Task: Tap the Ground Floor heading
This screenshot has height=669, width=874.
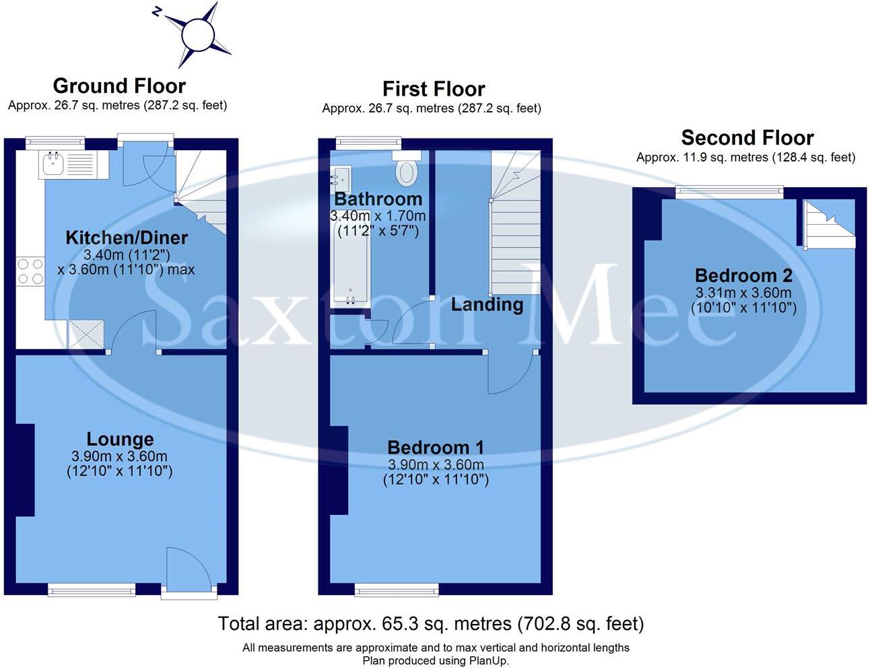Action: (119, 86)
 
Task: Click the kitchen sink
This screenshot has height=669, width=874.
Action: (52, 163)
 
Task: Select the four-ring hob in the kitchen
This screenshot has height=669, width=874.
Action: (30, 271)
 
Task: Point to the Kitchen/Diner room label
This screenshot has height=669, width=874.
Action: (127, 238)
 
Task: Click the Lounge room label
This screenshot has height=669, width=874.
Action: (120, 439)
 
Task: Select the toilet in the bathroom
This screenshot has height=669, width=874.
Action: (406, 171)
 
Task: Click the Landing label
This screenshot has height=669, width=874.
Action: (487, 304)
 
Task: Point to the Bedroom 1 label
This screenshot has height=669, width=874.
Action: (436, 448)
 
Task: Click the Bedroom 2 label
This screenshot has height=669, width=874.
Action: (743, 276)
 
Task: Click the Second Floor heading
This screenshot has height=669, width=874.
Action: (747, 138)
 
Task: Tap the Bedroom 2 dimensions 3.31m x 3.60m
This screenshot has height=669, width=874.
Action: (743, 293)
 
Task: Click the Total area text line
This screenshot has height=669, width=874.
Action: (431, 624)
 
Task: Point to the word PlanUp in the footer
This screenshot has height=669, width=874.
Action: (490, 661)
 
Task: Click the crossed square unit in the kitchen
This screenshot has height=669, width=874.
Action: (87, 334)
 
